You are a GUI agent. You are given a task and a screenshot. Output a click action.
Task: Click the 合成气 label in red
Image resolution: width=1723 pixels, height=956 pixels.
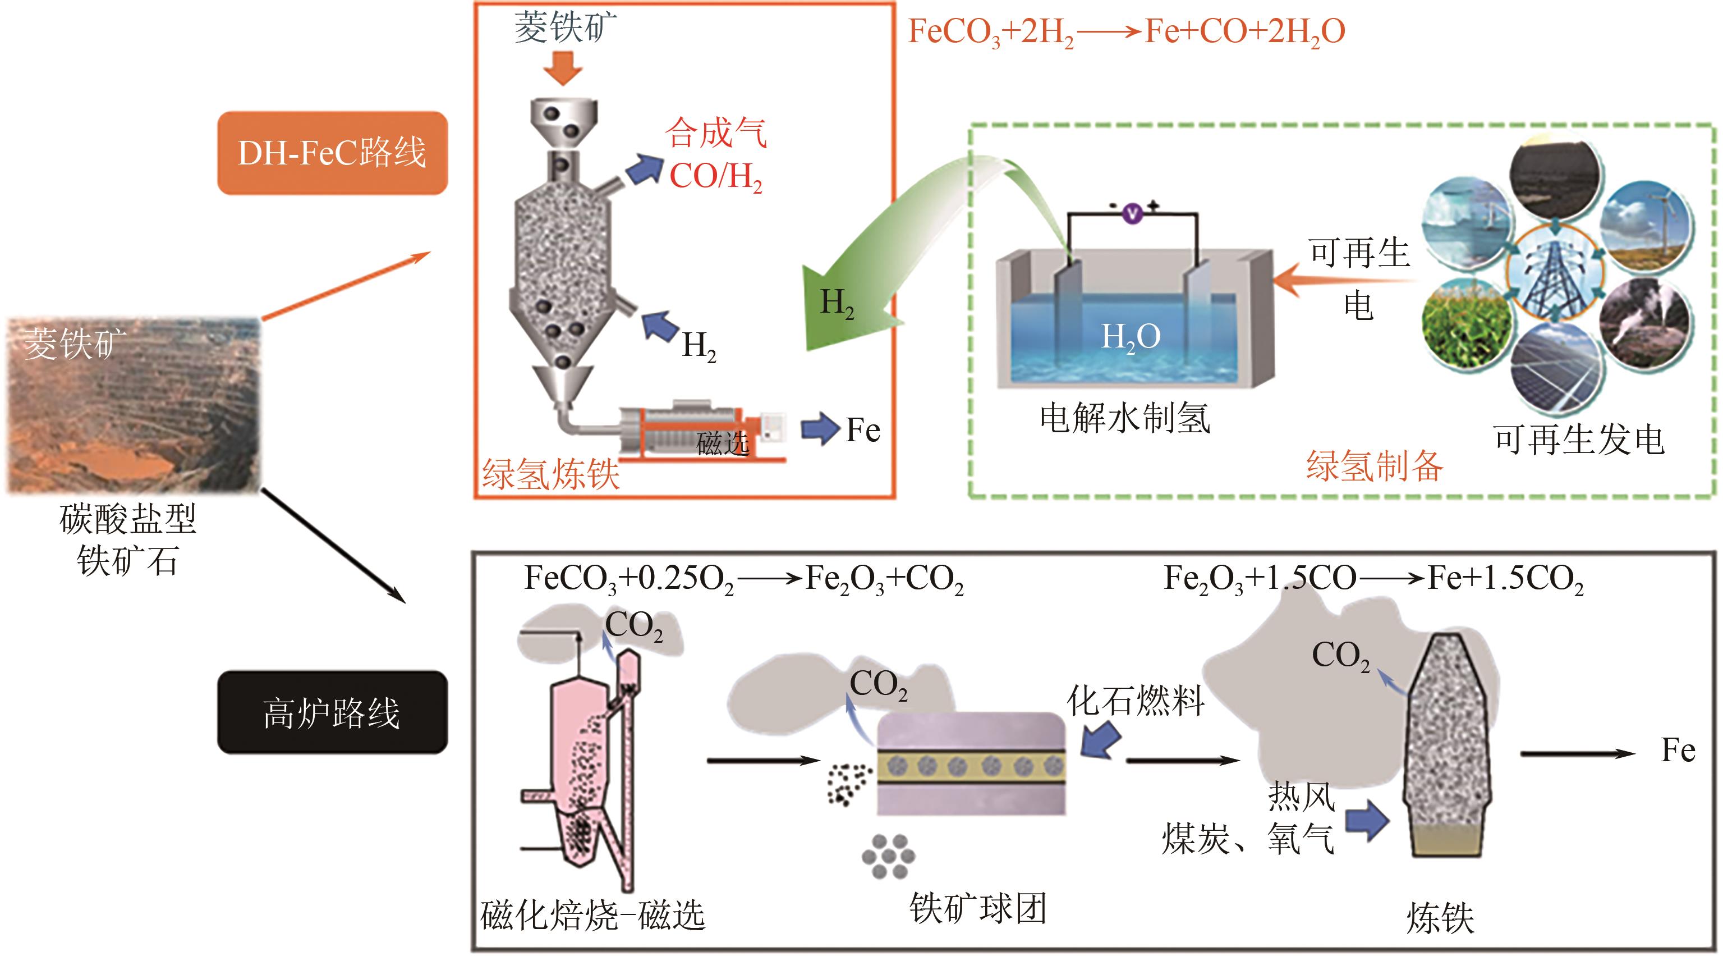[716, 132]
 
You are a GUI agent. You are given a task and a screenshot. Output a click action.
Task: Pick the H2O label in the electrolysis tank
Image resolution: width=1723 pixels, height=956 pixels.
[1131, 336]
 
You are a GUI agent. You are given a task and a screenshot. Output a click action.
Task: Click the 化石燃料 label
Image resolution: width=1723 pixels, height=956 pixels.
[1136, 701]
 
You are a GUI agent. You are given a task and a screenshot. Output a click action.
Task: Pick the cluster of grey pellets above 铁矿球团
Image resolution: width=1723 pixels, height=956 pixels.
[888, 856]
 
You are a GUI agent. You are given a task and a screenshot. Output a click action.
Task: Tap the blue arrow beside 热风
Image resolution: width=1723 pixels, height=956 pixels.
[1367, 820]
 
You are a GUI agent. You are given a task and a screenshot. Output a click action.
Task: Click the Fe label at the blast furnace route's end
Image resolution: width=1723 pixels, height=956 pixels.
[1678, 750]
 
